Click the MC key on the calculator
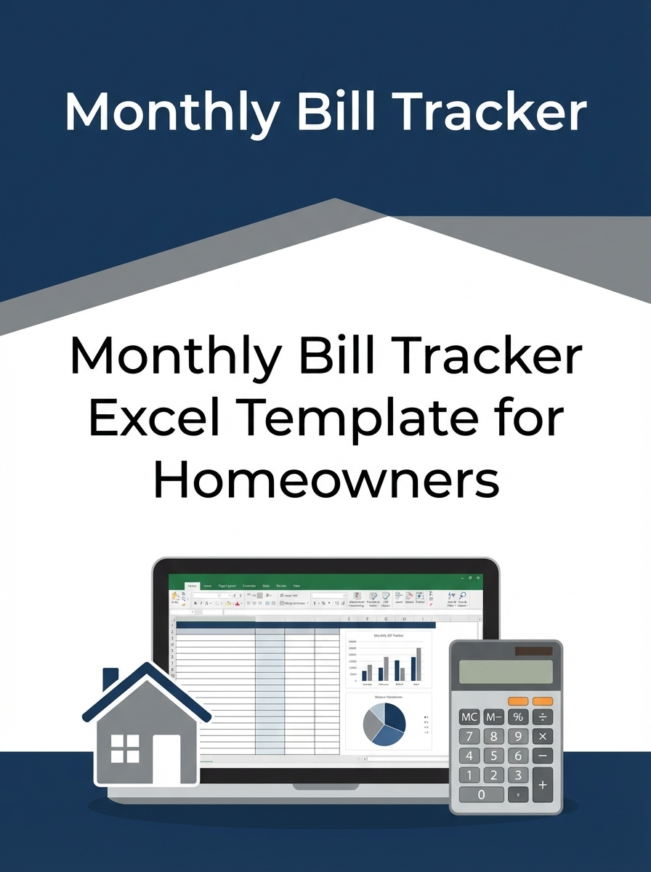(x=469, y=716)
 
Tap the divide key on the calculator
(x=542, y=716)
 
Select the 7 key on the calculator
(x=469, y=736)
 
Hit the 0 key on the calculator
(x=481, y=794)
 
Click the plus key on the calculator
(x=542, y=785)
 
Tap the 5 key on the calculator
(x=494, y=756)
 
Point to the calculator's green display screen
(x=506, y=672)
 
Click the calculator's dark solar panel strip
(x=534, y=651)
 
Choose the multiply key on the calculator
(x=542, y=736)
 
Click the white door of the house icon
(x=166, y=759)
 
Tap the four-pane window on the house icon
(x=124, y=748)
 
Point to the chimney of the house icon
(x=110, y=680)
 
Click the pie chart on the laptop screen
(x=384, y=724)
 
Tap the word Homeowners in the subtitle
(x=325, y=480)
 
